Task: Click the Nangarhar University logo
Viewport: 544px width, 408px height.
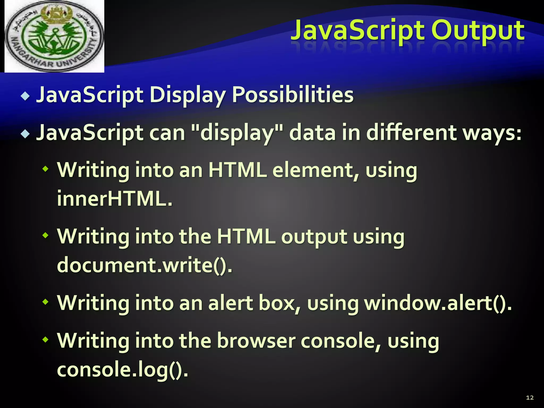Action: (x=54, y=36)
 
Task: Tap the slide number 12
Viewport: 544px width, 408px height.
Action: (x=530, y=397)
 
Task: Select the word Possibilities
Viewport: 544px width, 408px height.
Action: (x=292, y=95)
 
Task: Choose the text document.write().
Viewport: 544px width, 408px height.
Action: (x=144, y=265)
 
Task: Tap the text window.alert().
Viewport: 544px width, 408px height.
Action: (x=438, y=303)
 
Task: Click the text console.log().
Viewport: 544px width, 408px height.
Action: (x=122, y=369)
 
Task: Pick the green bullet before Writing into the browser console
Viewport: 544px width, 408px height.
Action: (x=46, y=339)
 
